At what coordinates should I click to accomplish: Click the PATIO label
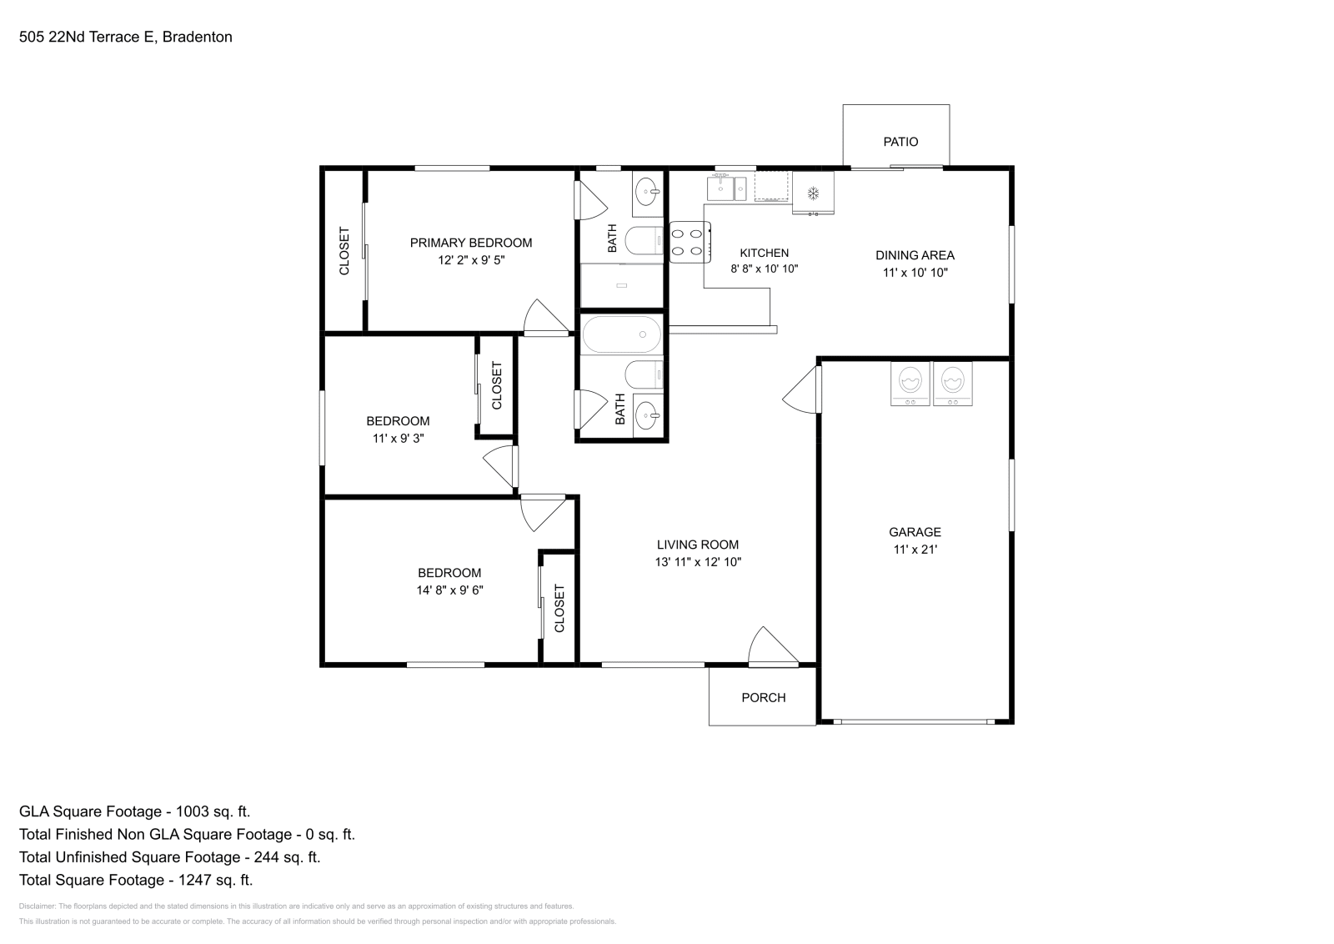(900, 142)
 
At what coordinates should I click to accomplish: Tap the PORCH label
(763, 698)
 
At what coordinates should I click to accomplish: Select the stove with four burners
(690, 242)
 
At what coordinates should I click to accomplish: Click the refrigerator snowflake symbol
(813, 193)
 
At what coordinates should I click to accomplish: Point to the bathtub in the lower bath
(622, 334)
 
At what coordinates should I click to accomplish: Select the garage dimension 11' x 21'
(915, 550)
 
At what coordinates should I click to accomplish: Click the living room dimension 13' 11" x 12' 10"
(698, 562)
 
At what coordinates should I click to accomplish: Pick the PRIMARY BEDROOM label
(470, 243)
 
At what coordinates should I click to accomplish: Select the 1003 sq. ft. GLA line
(134, 811)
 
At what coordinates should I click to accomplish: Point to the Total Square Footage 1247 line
(135, 880)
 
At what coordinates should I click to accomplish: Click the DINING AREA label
(915, 255)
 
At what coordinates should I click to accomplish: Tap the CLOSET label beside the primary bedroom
(344, 251)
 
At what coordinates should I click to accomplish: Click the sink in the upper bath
(647, 193)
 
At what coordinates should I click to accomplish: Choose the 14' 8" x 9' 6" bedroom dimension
(450, 590)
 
